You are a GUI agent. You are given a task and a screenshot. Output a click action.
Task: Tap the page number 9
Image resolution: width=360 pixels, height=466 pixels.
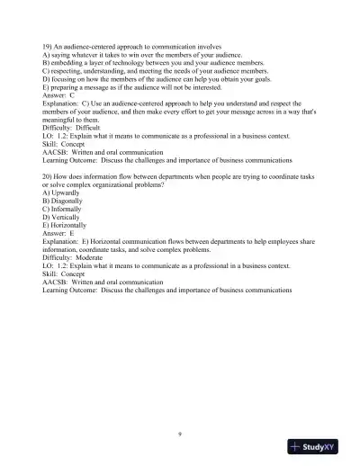pos(181,435)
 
